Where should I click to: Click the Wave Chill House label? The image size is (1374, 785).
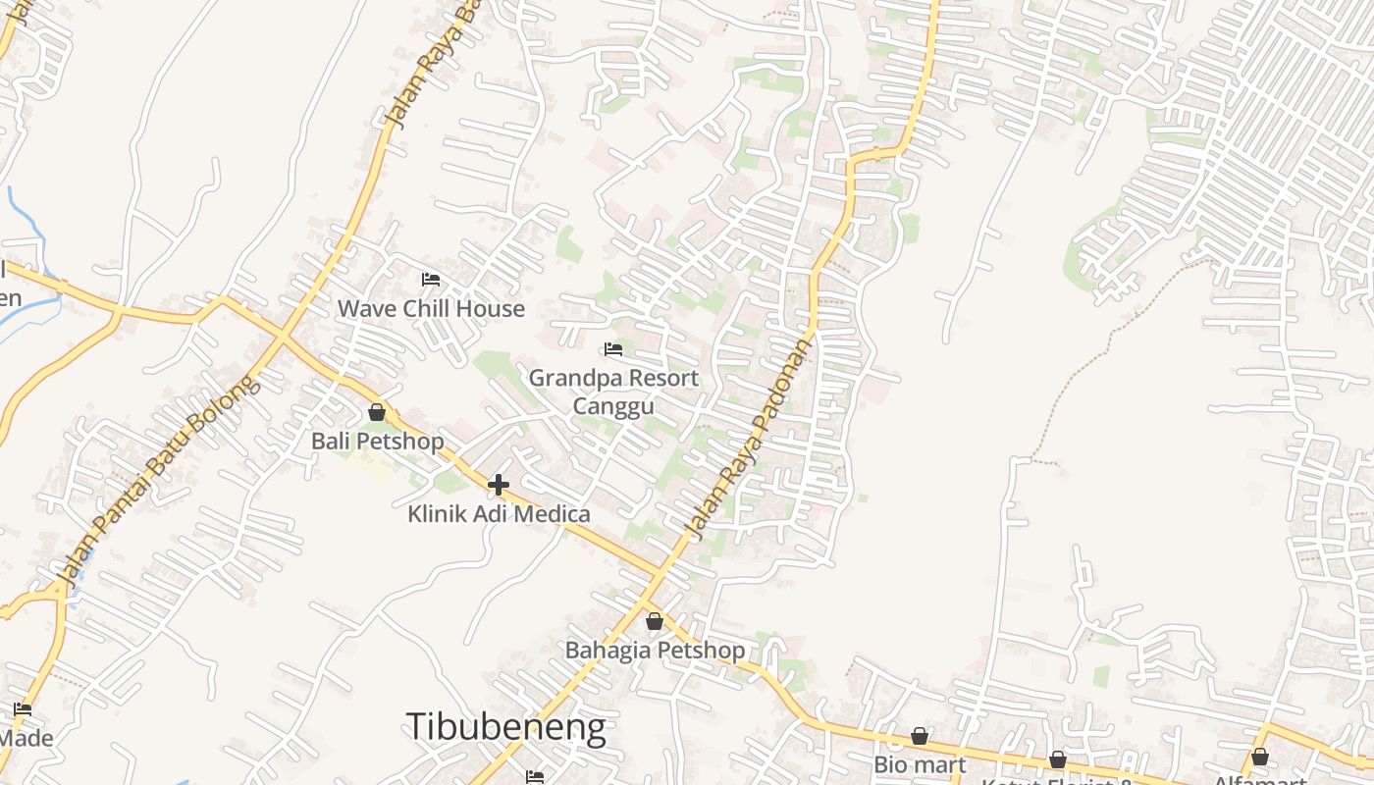tap(431, 309)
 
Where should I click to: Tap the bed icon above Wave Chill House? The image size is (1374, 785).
tap(430, 280)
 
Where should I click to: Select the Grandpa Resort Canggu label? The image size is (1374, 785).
tap(613, 392)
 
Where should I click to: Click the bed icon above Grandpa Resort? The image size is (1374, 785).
tap(613, 348)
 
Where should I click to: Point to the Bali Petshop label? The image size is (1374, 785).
tap(377, 442)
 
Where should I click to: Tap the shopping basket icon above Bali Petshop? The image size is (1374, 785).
tap(376, 412)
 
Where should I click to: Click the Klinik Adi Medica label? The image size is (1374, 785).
tap(499, 514)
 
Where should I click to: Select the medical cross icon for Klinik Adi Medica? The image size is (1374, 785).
tap(499, 484)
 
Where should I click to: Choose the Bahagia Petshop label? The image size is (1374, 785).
tap(655, 651)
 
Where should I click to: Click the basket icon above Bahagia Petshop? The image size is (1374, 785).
tap(655, 621)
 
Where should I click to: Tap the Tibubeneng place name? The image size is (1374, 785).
tap(505, 727)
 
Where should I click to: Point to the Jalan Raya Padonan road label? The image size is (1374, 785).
tap(749, 439)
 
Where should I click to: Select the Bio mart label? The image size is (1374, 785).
tap(920, 764)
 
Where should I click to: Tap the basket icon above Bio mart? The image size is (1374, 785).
tap(920, 736)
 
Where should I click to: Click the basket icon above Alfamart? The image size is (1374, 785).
tap(1260, 757)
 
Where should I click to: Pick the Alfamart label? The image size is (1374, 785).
tap(1260, 780)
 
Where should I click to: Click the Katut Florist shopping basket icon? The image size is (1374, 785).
tap(1058, 759)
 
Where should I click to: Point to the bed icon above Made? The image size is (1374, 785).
tap(23, 708)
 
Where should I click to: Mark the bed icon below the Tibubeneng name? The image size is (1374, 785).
tap(535, 777)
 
